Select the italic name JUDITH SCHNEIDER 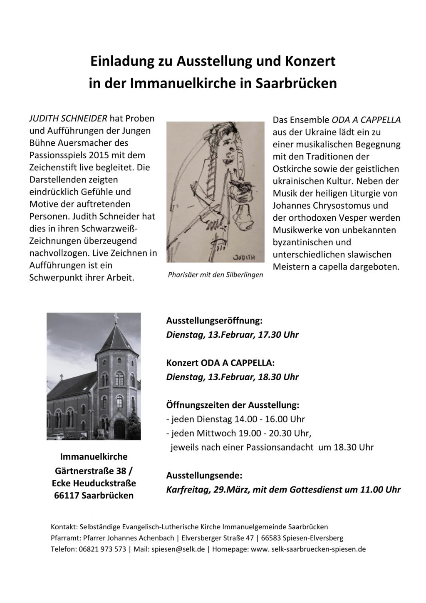(68, 118)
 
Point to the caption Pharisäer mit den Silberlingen (215, 275)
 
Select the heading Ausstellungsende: (204, 475)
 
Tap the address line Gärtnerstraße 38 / (94, 471)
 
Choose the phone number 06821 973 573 (102, 549)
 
